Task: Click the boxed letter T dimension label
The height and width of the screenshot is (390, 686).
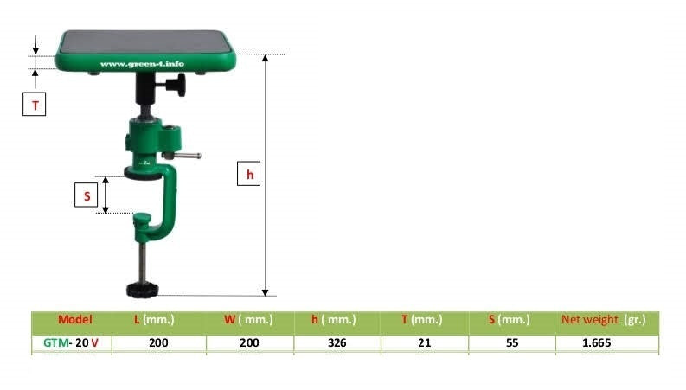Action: coord(35,105)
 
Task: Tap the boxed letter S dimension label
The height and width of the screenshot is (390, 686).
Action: coord(87,196)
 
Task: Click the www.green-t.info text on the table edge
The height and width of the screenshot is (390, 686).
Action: coord(142,63)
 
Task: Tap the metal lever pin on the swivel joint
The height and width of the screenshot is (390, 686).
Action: coord(185,156)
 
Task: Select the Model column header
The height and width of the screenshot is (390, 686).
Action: coord(74,320)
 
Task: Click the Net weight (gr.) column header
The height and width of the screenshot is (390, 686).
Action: coord(604,320)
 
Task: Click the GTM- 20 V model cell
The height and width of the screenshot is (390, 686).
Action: coord(71,342)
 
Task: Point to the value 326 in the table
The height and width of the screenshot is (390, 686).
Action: coord(337,342)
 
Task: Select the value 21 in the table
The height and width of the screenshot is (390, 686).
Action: coord(424,342)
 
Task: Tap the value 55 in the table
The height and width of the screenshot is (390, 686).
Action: coord(510,342)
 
